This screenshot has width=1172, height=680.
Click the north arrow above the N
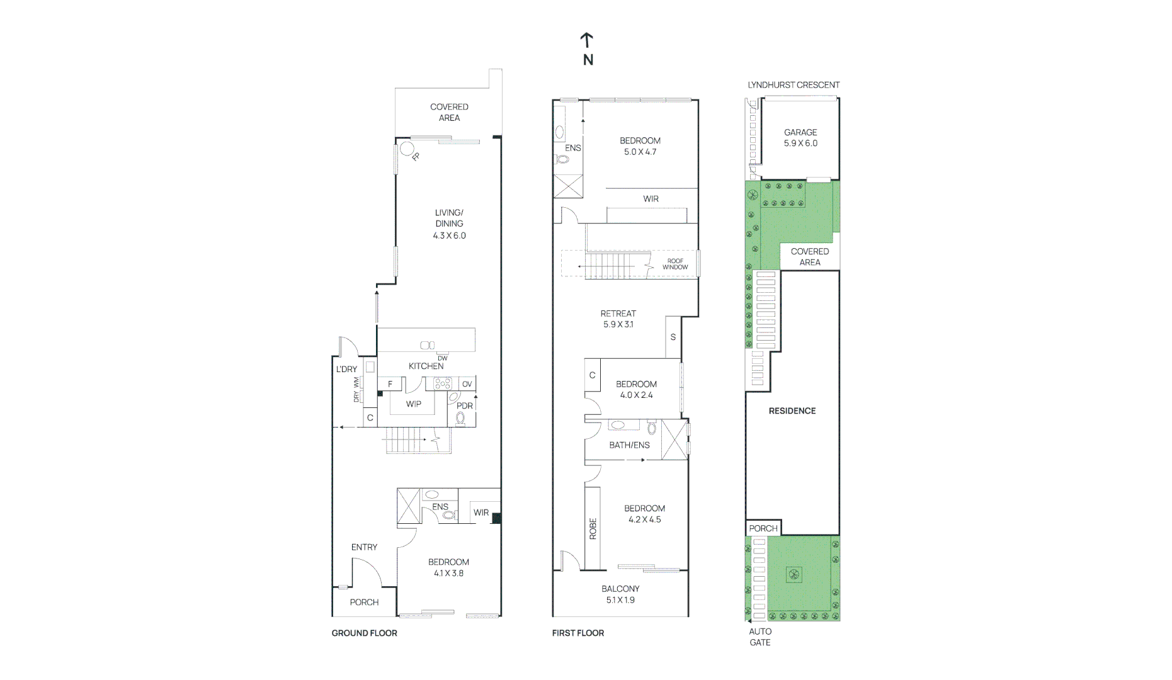586,40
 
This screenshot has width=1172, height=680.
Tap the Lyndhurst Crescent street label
793,84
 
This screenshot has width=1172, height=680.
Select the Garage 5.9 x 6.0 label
800,138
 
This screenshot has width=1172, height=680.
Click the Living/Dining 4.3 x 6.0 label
449,224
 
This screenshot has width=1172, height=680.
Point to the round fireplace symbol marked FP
407,149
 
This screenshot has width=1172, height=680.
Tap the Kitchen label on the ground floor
426,366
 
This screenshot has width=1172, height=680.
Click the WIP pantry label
413,404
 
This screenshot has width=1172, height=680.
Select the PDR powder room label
465,405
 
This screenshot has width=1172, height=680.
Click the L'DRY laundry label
346,369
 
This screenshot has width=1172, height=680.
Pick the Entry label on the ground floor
364,547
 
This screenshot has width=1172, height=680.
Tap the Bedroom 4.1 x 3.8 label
448,567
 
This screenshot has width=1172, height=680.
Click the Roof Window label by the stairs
675,264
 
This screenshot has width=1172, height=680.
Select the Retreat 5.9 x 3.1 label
618,319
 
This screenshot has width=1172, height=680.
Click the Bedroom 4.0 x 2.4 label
636,389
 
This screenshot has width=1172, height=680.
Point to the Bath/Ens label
629,445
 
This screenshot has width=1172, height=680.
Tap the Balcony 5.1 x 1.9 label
620,594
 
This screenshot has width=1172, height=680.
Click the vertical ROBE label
593,529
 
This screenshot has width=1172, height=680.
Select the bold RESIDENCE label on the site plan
792,411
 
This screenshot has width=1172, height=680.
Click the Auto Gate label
760,637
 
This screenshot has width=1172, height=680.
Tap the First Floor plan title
577,633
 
